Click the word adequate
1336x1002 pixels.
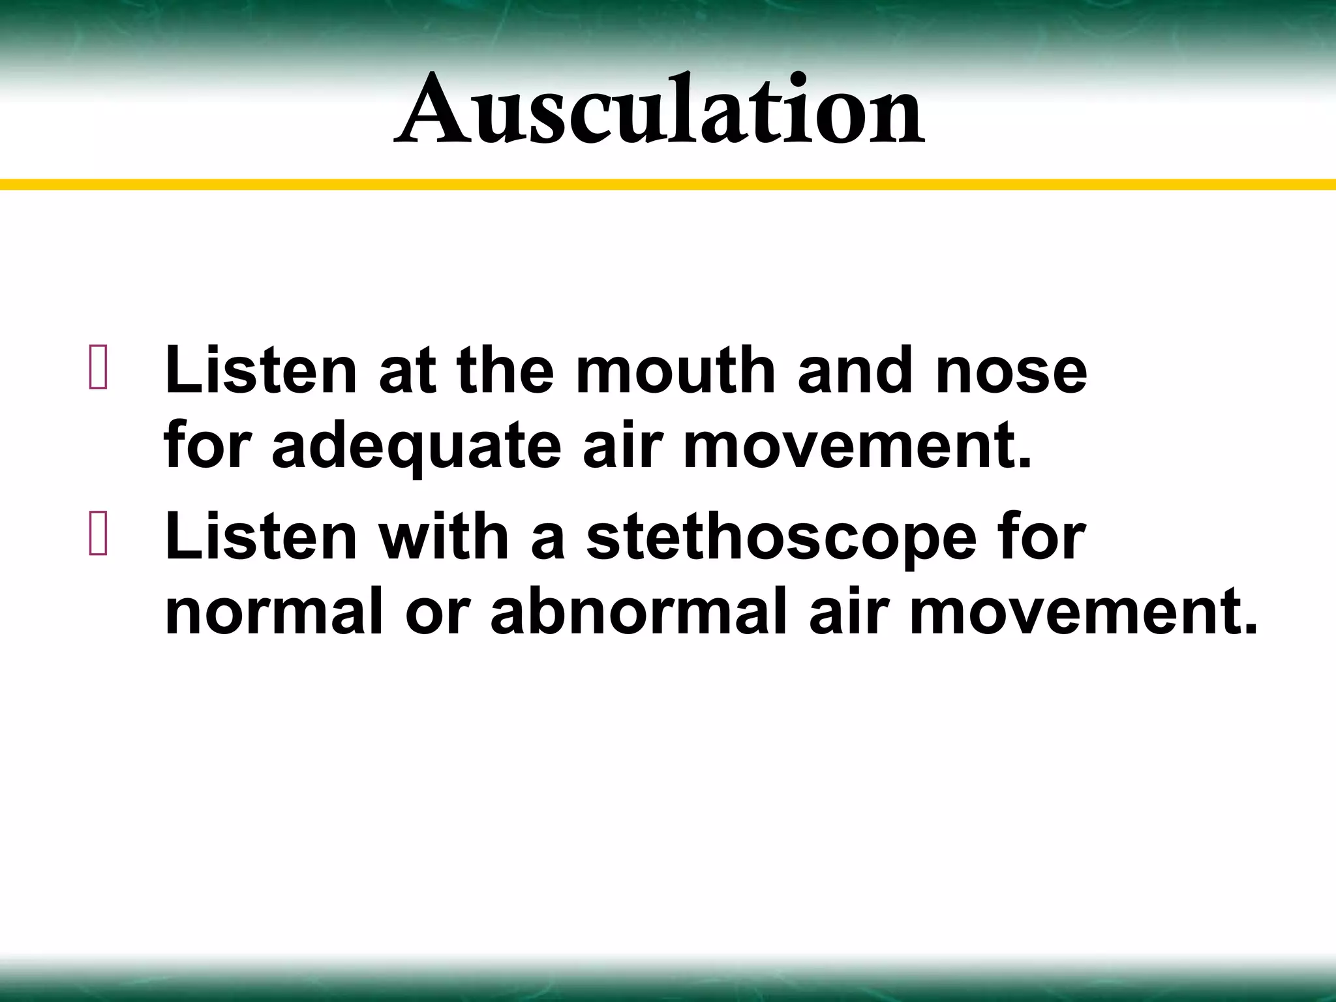416,448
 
